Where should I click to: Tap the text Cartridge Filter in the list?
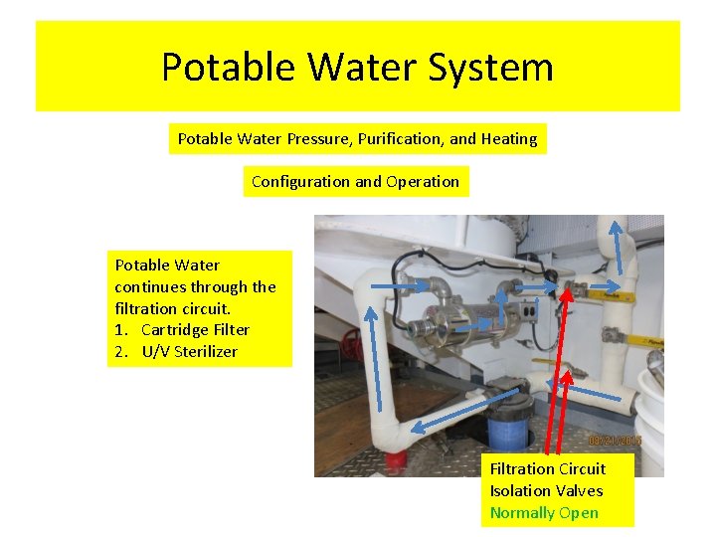tap(195, 329)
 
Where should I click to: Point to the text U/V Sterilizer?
tap(189, 351)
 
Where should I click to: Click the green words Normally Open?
tap(544, 512)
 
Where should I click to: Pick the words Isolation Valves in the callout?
tap(546, 490)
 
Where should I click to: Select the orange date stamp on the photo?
tap(615, 439)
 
